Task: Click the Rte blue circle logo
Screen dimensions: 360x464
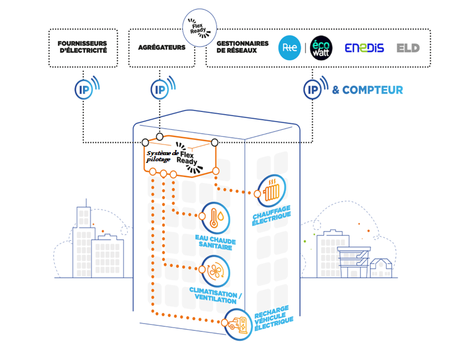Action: click(x=290, y=48)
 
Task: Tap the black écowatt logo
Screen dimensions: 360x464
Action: click(x=321, y=48)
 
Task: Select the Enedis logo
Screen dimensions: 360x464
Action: click(x=364, y=48)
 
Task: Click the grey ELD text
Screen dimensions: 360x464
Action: click(x=408, y=48)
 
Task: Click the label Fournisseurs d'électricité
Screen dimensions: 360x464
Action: click(x=82, y=48)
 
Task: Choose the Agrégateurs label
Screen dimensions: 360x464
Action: click(x=161, y=48)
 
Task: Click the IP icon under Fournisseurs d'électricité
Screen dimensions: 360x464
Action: click(x=82, y=89)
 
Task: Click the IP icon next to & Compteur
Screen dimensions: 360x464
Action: click(x=312, y=89)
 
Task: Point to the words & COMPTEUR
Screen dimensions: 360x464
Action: click(x=368, y=90)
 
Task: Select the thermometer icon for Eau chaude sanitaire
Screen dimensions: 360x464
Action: click(x=215, y=217)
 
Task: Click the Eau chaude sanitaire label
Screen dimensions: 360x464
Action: click(x=216, y=245)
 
